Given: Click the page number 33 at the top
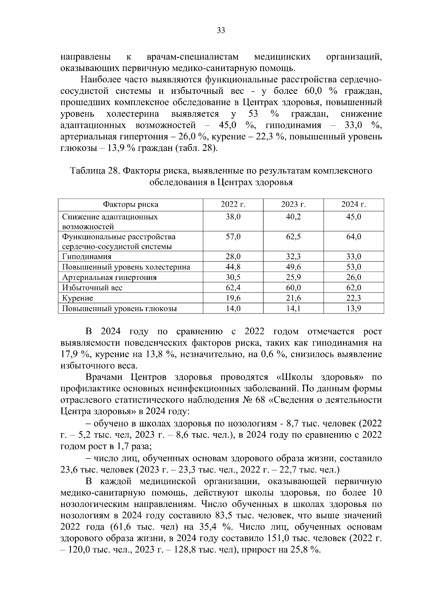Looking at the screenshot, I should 221,30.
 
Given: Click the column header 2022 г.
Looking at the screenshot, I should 233,205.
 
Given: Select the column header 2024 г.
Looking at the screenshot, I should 353,205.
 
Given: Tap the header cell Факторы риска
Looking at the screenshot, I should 130,205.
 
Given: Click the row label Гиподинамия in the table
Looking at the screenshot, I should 87,257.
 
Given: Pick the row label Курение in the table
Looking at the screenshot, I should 78,298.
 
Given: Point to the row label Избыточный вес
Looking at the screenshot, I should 92,288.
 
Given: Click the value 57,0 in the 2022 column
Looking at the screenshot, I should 233,237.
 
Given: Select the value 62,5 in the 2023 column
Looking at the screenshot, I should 293,237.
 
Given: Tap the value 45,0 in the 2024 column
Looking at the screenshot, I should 353,217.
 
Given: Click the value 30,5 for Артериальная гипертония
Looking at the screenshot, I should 233,277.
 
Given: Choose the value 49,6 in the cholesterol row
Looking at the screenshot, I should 293,267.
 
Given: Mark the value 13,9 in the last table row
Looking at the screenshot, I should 353,309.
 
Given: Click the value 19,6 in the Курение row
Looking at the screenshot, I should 233,298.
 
